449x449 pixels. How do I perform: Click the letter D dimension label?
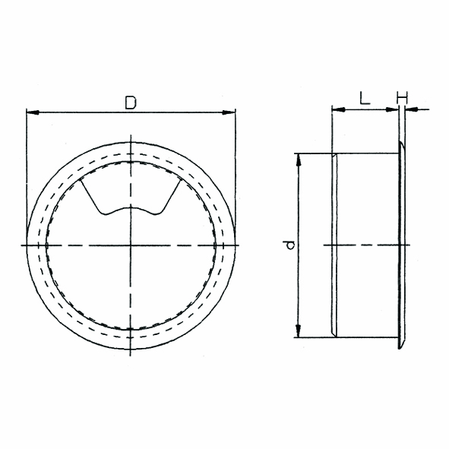tap(131, 103)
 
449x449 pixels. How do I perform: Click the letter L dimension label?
tap(365, 98)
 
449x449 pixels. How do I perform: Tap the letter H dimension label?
tap(402, 98)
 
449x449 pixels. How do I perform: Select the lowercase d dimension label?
tap(290, 245)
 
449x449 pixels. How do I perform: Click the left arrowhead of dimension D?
tap(32, 112)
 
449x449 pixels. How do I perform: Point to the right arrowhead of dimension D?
tap(229, 112)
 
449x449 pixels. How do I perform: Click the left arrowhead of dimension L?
tap(338, 109)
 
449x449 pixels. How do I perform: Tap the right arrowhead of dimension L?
tap(392, 109)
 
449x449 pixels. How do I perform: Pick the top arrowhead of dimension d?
tap(299, 160)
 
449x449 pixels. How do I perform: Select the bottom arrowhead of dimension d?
tap(299, 331)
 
